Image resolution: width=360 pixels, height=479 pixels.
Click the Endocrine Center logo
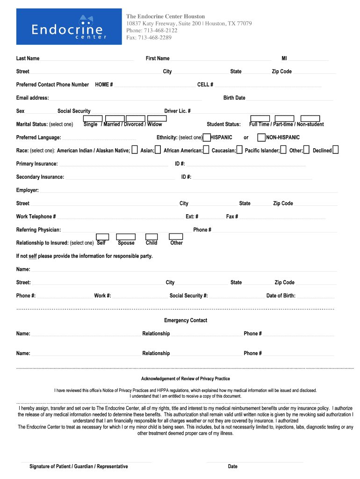(68, 27)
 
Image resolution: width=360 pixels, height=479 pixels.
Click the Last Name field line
(86, 59)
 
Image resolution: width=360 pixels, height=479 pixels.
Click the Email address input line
(126, 99)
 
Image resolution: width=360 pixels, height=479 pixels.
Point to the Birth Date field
(290, 99)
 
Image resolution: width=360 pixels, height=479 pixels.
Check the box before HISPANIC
(207, 138)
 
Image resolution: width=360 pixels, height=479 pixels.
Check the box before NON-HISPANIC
(261, 138)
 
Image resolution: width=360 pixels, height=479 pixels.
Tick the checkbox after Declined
(335, 150)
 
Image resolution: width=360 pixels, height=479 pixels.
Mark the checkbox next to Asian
(158, 150)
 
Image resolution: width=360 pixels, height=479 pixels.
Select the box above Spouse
(126, 237)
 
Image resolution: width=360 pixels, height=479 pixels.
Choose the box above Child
(151, 237)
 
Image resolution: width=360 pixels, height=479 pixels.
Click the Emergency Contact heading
(186, 320)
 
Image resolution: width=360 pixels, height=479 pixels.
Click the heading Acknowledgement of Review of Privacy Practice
(186, 378)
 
